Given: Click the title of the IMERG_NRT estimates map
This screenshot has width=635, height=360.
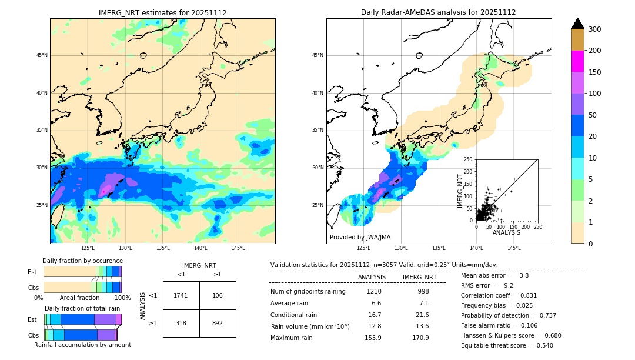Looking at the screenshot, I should click(x=162, y=12).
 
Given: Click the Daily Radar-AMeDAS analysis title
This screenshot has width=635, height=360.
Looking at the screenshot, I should click(x=438, y=12).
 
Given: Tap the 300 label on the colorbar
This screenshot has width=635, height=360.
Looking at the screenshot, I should click(x=594, y=29).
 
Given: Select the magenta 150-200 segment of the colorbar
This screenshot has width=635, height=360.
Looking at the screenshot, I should click(x=577, y=61).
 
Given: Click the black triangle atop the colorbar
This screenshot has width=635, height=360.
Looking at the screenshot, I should click(x=577, y=24).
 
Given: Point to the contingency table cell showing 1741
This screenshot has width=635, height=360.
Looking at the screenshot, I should click(x=181, y=295).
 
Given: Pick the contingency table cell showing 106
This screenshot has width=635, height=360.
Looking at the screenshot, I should click(x=218, y=295).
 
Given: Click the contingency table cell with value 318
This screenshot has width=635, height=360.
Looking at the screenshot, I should click(x=181, y=323).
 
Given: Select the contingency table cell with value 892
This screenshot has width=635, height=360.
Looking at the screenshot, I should click(x=218, y=323).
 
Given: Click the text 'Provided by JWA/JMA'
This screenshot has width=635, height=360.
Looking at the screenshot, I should click(x=360, y=237).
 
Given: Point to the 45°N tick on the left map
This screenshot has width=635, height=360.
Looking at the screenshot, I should click(x=41, y=55).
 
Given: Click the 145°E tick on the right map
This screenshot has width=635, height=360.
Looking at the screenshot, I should click(x=514, y=248).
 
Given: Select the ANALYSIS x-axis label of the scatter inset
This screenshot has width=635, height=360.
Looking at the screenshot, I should click(x=506, y=232).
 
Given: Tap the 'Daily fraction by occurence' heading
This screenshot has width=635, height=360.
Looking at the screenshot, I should click(x=82, y=261).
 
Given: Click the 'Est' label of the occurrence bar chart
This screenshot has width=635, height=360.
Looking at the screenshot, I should click(x=32, y=272).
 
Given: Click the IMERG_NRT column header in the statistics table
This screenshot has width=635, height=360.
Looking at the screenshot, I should click(x=419, y=277).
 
